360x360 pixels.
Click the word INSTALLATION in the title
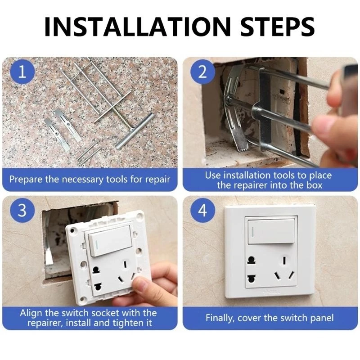pos(137,27)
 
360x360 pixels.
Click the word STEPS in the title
pos(277,27)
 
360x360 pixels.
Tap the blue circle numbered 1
pos(22,72)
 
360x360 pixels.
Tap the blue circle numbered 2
pos(202,72)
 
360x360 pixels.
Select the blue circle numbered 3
pos(22,210)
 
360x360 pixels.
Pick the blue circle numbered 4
pos(202,210)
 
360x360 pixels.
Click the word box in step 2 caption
pos(314,185)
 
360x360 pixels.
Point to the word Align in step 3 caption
pos(31,313)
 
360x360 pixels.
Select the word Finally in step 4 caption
pos(220,319)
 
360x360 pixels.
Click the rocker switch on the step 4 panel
pos(271,231)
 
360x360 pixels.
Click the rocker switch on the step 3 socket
pos(110,240)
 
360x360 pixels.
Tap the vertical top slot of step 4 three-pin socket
pos(284,261)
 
